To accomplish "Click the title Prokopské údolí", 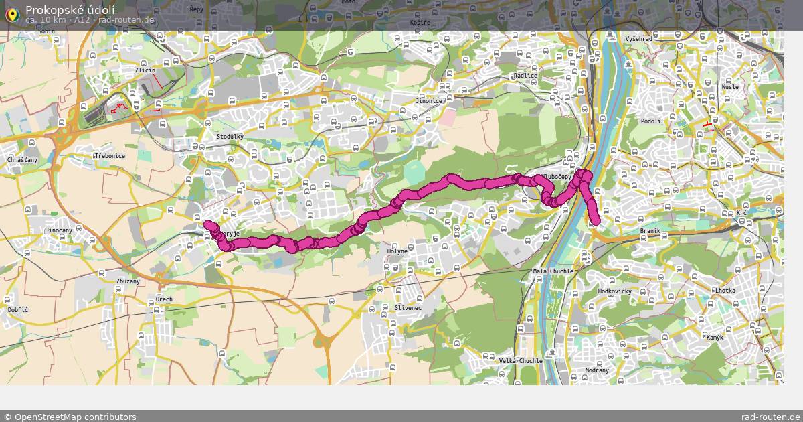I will pyautogui.click(x=70, y=9).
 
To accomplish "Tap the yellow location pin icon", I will pyautogui.click(x=11, y=14).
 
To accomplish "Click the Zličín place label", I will pyautogui.click(x=145, y=70).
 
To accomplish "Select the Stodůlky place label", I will pyautogui.click(x=230, y=137).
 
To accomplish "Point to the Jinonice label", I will pyautogui.click(x=429, y=101).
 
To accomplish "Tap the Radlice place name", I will pyautogui.click(x=525, y=76).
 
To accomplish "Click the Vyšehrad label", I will pyautogui.click(x=638, y=39).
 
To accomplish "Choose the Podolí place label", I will pyautogui.click(x=650, y=121).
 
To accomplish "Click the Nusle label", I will pyautogui.click(x=730, y=87).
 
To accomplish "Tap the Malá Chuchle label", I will pyautogui.click(x=553, y=271).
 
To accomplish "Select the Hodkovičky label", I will pyautogui.click(x=615, y=292).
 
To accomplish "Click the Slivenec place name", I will pyautogui.click(x=389, y=307).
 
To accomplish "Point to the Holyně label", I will pyautogui.click(x=397, y=251).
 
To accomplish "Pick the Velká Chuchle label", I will pyautogui.click(x=521, y=361).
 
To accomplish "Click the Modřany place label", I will pyautogui.click(x=597, y=370).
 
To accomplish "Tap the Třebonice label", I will pyautogui.click(x=110, y=155).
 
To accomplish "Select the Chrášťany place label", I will pyautogui.click(x=23, y=161).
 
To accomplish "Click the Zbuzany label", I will pyautogui.click(x=128, y=281).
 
